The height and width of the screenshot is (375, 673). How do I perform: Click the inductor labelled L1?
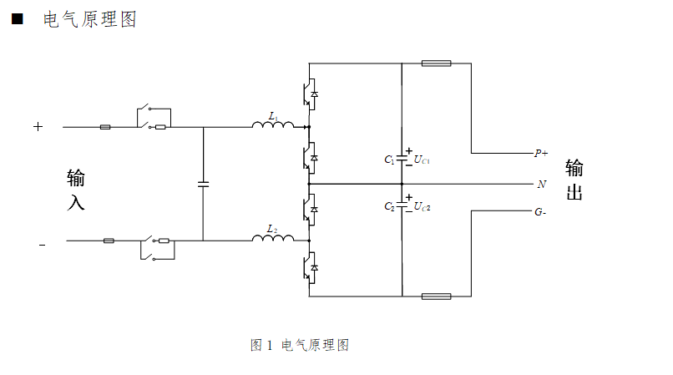[x=273, y=126]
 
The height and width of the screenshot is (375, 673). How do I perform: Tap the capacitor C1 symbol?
[x=402, y=158]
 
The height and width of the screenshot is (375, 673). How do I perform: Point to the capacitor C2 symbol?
[x=402, y=205]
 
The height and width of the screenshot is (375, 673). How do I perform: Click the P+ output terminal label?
[x=541, y=154]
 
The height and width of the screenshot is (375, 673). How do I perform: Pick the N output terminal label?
[x=541, y=183]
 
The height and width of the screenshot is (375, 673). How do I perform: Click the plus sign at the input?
[x=38, y=127]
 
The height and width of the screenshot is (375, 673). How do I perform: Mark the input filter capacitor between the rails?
[x=203, y=183]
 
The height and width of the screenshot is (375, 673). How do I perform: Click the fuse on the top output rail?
[x=437, y=63]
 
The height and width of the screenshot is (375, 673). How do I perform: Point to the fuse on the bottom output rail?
[x=437, y=296]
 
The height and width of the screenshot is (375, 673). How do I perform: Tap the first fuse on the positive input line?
[x=105, y=128]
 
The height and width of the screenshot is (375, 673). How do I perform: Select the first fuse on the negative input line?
[x=109, y=241]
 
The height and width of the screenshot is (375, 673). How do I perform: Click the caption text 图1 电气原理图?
[x=299, y=345]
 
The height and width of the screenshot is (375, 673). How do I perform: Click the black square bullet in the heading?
[x=16, y=19]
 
